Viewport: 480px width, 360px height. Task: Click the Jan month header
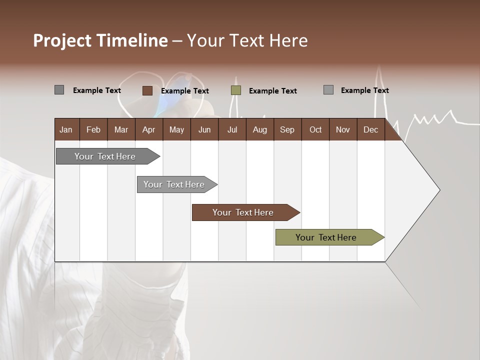66,129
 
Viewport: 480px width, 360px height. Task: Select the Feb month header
93,129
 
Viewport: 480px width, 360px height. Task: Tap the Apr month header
148,129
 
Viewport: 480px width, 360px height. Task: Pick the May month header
176,129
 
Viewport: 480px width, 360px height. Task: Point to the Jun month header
204,129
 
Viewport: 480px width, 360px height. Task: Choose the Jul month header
232,129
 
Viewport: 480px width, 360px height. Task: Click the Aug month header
260,129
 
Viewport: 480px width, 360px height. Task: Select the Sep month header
287,129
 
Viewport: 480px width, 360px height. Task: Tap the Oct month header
315,129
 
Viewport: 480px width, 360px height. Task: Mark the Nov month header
343,129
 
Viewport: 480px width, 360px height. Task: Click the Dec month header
370,129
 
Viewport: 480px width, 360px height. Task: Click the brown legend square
147,90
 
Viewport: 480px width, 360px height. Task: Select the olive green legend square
236,90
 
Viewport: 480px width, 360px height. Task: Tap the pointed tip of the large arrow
438,190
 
